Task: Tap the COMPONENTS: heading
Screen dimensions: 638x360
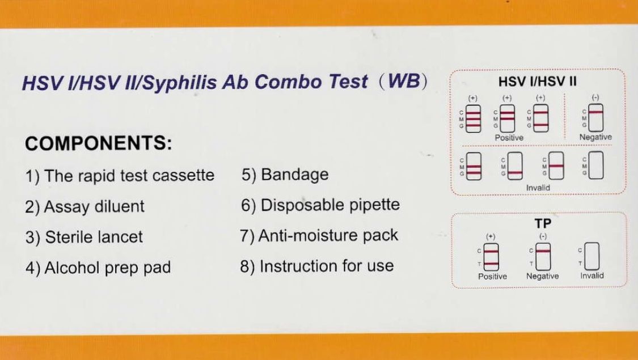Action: pyautogui.click(x=99, y=143)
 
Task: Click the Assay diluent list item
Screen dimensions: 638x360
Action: pyautogui.click(x=84, y=206)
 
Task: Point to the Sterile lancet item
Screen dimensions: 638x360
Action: pyautogui.click(x=84, y=237)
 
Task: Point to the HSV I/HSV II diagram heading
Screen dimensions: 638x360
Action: pyautogui.click(x=538, y=82)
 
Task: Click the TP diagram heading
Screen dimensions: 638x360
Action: pyautogui.click(x=543, y=223)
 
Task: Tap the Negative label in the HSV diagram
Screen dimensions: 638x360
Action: pyautogui.click(x=595, y=137)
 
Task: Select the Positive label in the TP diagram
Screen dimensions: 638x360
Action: pyautogui.click(x=492, y=276)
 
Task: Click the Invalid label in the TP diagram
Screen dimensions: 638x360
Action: pyautogui.click(x=591, y=276)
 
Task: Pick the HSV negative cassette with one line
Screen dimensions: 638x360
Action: pyautogui.click(x=595, y=118)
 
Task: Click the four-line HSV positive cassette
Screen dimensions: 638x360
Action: pyautogui.click(x=473, y=119)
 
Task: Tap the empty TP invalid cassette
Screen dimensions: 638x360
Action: pyautogui.click(x=591, y=256)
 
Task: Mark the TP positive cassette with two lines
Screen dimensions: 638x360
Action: pyautogui.click(x=491, y=257)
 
